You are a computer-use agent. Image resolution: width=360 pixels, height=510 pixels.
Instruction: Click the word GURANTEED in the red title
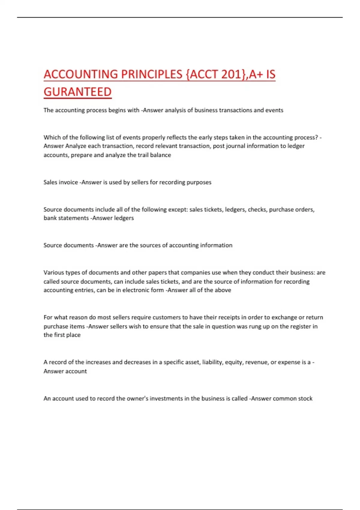(77, 92)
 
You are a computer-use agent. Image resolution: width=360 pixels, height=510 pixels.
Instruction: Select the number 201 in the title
(231, 74)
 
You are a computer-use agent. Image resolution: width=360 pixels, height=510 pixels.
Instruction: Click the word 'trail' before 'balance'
(144, 155)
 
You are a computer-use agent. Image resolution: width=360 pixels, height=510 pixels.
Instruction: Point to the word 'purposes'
(199, 182)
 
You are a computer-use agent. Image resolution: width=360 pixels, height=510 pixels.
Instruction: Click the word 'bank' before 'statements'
(50, 218)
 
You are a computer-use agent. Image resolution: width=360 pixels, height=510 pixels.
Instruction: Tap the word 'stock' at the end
(305, 398)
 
